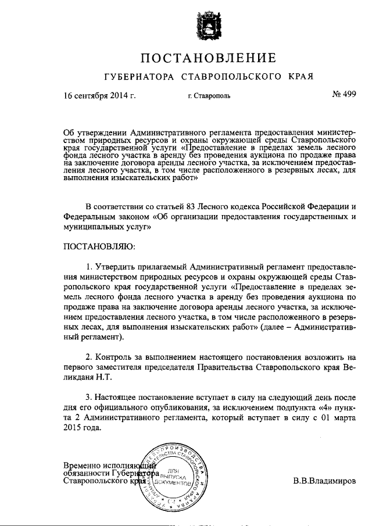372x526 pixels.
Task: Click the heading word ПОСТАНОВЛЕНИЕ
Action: [x=206, y=58]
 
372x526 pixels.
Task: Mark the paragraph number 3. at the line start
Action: [x=88, y=399]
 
